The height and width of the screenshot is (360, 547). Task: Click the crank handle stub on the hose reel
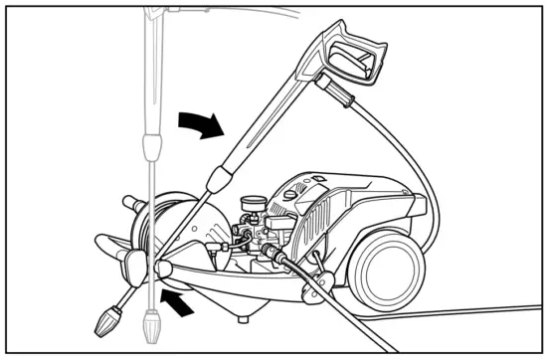click(x=131, y=204)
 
